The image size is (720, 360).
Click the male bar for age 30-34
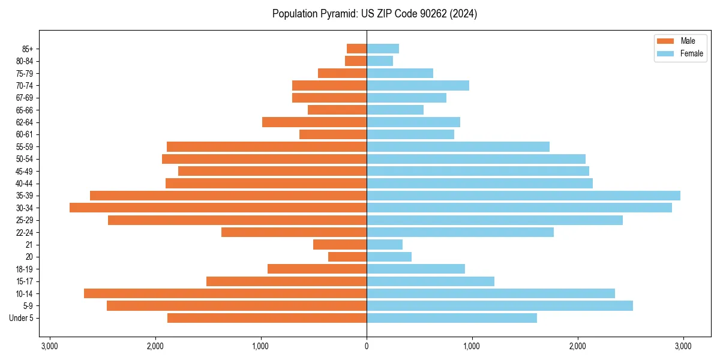point(218,208)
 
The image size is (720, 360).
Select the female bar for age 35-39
point(523,196)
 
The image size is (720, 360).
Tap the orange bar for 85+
point(356,49)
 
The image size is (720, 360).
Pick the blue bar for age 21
point(384,245)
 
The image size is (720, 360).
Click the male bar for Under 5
point(267,318)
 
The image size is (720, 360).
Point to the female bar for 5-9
point(499,306)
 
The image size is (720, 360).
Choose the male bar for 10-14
point(225,293)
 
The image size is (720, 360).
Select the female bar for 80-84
point(379,61)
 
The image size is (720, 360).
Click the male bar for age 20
point(347,257)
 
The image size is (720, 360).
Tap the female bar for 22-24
point(460,232)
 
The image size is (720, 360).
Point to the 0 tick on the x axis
point(367,347)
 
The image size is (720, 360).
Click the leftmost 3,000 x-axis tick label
point(49,347)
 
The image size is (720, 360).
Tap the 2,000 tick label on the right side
point(577,347)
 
